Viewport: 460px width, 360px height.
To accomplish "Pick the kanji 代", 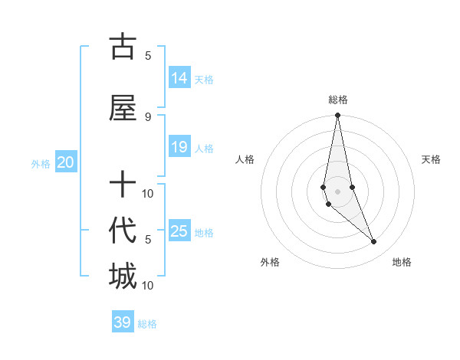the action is pyautogui.click(x=123, y=231).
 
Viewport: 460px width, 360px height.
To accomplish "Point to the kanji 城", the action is pyautogui.click(x=123, y=276).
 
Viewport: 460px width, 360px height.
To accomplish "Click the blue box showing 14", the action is pyautogui.click(x=179, y=77).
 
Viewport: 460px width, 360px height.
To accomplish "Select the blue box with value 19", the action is pyautogui.click(x=179, y=147).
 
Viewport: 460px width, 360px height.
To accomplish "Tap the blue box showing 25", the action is pyautogui.click(x=179, y=231).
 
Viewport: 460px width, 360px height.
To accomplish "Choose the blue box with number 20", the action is pyautogui.click(x=66, y=162).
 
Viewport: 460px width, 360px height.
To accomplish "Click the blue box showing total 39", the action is pyautogui.click(x=123, y=322).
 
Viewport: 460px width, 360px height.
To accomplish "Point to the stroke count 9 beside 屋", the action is pyautogui.click(x=148, y=116).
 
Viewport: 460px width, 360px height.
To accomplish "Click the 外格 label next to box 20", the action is pyautogui.click(x=41, y=163).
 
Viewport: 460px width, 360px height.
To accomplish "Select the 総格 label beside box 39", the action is pyautogui.click(x=148, y=324).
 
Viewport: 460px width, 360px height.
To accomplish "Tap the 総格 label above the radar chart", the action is pyautogui.click(x=337, y=100).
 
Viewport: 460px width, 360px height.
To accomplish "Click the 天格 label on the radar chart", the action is pyautogui.click(x=432, y=159).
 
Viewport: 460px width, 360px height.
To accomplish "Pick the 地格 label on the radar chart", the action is pyautogui.click(x=402, y=262).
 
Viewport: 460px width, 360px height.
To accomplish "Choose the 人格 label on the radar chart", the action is pyautogui.click(x=245, y=159).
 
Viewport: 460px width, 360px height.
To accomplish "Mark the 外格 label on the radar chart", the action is pyautogui.click(x=270, y=262).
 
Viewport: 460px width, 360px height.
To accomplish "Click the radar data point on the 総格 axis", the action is pyautogui.click(x=337, y=116).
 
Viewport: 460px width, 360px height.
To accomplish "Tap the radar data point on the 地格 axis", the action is pyautogui.click(x=374, y=242).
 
